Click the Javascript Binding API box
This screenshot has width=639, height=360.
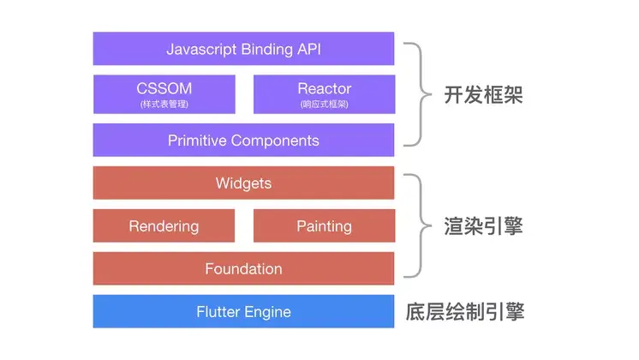[243, 49]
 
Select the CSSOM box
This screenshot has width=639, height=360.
[164, 94]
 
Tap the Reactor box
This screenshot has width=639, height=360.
[325, 94]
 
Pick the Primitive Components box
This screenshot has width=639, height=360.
[243, 141]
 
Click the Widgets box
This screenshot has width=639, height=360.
[243, 183]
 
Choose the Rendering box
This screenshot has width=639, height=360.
[164, 226]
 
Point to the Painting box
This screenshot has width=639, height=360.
[325, 226]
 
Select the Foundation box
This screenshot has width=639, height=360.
[243, 268]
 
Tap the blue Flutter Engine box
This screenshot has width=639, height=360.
[243, 311]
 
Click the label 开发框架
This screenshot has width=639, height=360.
[483, 95]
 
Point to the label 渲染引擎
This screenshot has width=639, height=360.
[483, 226]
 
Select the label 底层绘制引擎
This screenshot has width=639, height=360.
[464, 312]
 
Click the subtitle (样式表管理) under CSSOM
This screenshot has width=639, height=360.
[164, 105]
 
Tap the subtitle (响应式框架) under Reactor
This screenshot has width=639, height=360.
[325, 105]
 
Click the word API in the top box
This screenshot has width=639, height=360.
[309, 49]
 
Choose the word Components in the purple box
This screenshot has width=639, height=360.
[275, 141]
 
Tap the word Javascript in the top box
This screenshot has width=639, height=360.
[201, 50]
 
